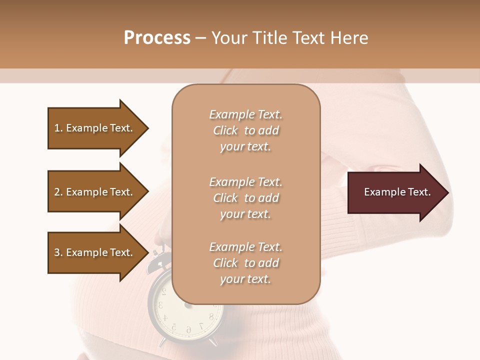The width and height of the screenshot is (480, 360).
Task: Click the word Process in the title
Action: tap(157, 38)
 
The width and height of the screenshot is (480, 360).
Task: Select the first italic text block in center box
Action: tap(245, 130)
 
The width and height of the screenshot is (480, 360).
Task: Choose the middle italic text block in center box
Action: tap(245, 198)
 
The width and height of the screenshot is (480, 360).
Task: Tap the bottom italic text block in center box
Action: tap(245, 263)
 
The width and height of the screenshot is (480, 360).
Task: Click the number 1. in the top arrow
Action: tap(58, 128)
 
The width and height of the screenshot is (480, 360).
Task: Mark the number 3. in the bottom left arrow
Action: tap(58, 252)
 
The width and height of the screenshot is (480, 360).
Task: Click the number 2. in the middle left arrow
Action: tap(58, 192)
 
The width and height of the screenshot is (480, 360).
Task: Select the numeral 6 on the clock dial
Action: tap(188, 329)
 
